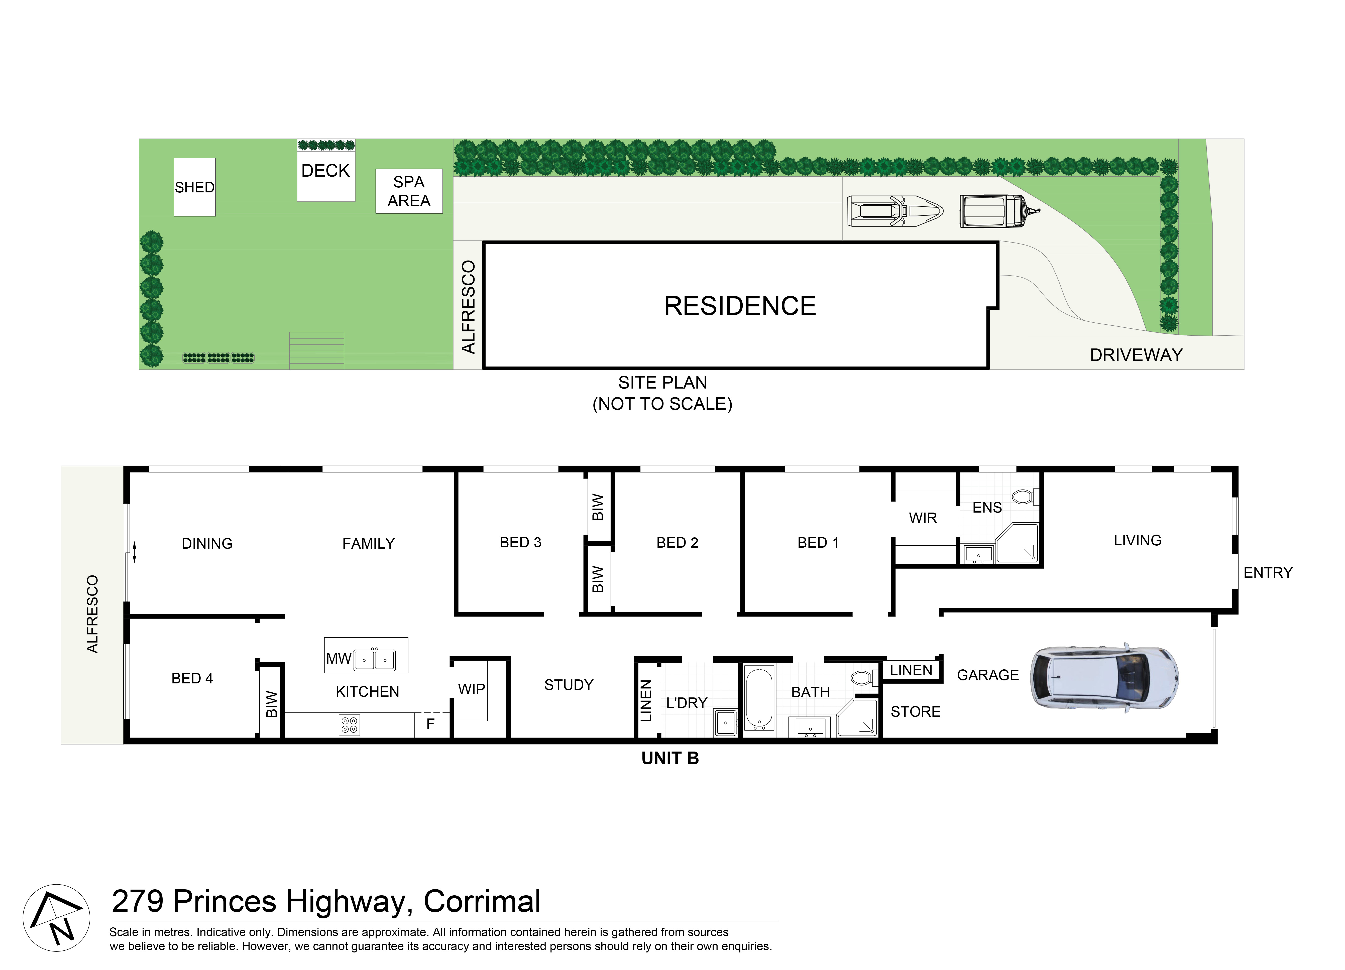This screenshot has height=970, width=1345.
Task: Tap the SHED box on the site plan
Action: coord(194,187)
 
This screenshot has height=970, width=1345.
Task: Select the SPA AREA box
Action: coord(409,191)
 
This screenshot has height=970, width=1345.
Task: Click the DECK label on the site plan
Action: coord(325,171)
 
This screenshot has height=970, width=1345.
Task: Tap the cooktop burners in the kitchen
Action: coord(349,724)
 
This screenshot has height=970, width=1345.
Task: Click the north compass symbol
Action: coord(56,918)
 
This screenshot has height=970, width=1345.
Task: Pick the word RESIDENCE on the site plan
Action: coord(740,306)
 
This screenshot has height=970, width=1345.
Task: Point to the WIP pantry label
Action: coord(472,689)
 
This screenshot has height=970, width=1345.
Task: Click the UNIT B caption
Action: coord(670,758)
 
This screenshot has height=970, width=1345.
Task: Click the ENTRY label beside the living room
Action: coord(1268,573)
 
